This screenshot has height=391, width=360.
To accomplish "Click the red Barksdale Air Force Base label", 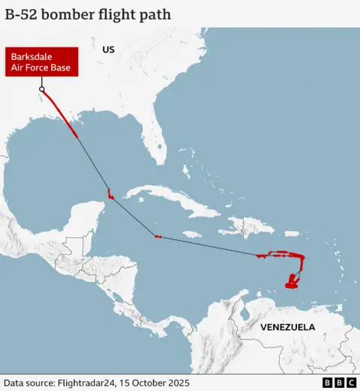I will (42, 62).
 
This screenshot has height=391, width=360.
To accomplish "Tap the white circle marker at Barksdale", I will (42, 89).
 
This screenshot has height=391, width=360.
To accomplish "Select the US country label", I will (109, 50).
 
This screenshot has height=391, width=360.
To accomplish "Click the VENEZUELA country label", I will (287, 327).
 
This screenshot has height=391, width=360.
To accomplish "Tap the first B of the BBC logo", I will (328, 382).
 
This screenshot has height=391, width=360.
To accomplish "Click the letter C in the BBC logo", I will (351, 382).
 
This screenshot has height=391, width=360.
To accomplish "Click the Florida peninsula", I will (154, 143).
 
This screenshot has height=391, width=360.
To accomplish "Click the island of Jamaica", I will (192, 234).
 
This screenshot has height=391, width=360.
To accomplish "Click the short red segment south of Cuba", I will (157, 237).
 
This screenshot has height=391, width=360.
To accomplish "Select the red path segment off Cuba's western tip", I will (110, 194).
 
